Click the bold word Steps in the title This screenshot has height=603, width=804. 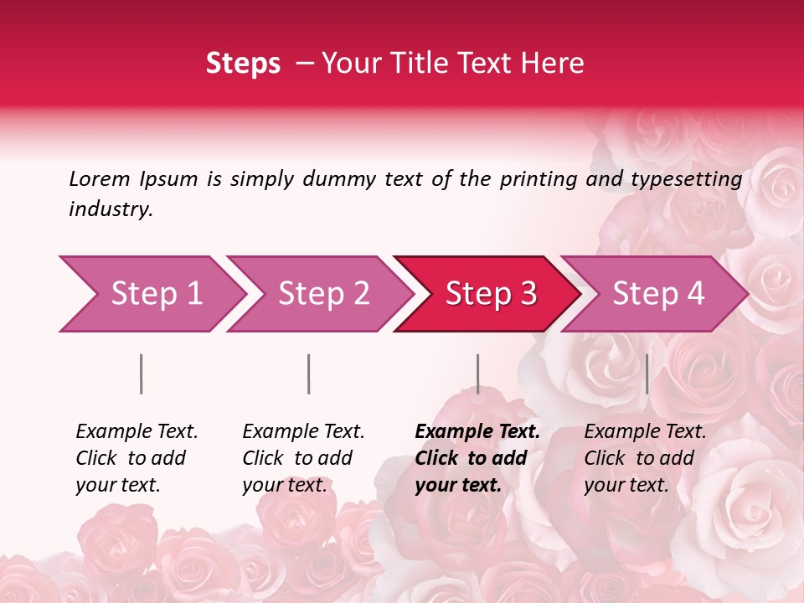pyautogui.click(x=243, y=63)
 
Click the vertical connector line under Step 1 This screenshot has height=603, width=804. pyautogui.click(x=142, y=374)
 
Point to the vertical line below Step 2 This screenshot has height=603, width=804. pyautogui.click(x=309, y=374)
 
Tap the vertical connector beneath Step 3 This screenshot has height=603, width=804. pyautogui.click(x=477, y=374)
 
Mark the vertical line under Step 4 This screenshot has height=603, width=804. pyautogui.click(x=647, y=374)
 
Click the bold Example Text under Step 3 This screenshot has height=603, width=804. pyautogui.click(x=477, y=458)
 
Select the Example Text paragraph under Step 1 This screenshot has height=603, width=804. pyautogui.click(x=137, y=458)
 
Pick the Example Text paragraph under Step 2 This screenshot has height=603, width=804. pyautogui.click(x=303, y=458)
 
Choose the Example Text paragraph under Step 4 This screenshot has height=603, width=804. pyautogui.click(x=645, y=458)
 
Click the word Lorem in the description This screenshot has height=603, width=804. pyautogui.click(x=100, y=178)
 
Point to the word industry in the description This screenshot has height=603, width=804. pyautogui.click(x=111, y=209)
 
